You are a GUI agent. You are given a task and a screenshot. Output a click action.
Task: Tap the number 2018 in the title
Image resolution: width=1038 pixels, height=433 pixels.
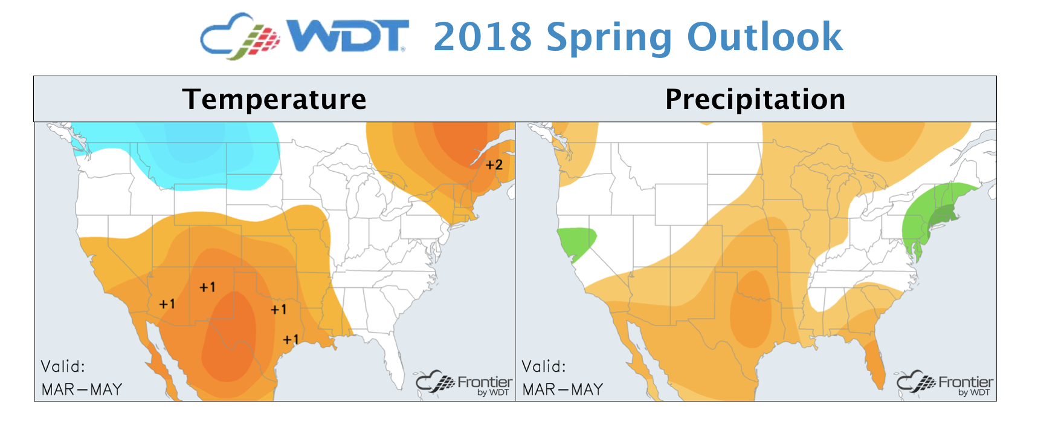point(483,37)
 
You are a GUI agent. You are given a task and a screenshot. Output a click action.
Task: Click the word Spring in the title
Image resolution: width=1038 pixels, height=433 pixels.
point(610,38)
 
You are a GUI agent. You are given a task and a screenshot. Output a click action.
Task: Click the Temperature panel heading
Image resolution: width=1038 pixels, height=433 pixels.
point(274,99)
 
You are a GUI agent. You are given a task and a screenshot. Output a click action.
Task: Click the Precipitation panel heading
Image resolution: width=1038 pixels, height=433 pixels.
point(755,99)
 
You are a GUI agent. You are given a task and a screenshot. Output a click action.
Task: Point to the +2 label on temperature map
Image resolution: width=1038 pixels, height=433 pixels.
point(494,164)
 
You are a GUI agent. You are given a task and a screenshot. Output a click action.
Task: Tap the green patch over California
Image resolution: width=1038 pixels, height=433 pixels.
point(576,242)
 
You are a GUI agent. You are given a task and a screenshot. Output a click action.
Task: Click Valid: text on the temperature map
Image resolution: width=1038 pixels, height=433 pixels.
point(63,366)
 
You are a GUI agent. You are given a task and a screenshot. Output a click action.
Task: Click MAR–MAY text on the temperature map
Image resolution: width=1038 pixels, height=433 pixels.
point(82,389)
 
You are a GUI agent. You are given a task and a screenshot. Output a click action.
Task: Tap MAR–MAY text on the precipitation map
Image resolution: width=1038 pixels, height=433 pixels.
point(563,389)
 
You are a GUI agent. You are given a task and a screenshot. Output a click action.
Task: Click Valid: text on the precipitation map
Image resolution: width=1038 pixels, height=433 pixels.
point(544,366)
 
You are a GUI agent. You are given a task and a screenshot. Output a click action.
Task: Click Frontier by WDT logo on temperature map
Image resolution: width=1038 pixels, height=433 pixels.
point(464,383)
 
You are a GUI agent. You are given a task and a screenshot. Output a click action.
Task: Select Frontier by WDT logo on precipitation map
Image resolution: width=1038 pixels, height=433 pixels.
point(945,383)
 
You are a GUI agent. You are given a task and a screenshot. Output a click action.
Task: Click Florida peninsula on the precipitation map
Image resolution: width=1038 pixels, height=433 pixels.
point(874,360)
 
